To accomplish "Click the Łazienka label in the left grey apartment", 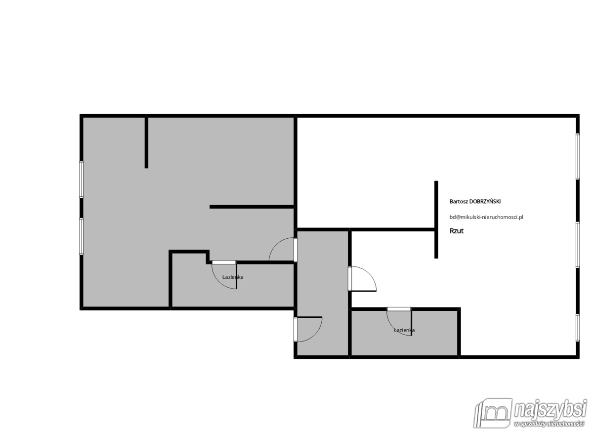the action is [233, 277].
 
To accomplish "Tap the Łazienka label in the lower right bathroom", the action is [404, 330].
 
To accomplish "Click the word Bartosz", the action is [459, 202].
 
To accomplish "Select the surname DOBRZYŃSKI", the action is [485, 202].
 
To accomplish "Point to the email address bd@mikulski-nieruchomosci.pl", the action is [486, 217].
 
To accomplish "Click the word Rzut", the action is [457, 231].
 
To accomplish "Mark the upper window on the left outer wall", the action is [82, 179].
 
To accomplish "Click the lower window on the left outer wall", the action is [82, 236].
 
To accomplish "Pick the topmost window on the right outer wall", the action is [578, 157].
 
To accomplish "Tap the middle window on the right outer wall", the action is [578, 245].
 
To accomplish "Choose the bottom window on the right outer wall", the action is [578, 328].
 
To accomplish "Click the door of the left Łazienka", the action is [224, 275].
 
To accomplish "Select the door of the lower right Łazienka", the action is [399, 321].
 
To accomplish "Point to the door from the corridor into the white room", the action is [362, 279].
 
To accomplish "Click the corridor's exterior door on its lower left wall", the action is [308, 329].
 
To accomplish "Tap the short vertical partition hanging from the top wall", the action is [146, 142].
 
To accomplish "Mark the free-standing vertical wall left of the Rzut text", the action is [436, 220].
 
